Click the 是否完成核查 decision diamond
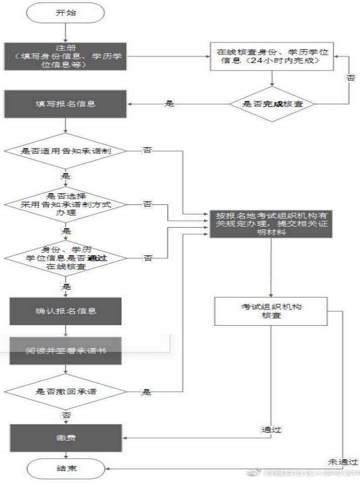(x=273, y=103)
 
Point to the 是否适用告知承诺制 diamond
(x=66, y=151)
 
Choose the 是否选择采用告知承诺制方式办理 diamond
(x=66, y=204)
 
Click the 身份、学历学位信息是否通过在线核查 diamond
(x=66, y=257)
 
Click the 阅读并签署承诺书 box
(x=66, y=351)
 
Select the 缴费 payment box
(x=66, y=437)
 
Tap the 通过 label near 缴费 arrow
(x=271, y=430)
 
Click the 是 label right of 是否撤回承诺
(x=147, y=392)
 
